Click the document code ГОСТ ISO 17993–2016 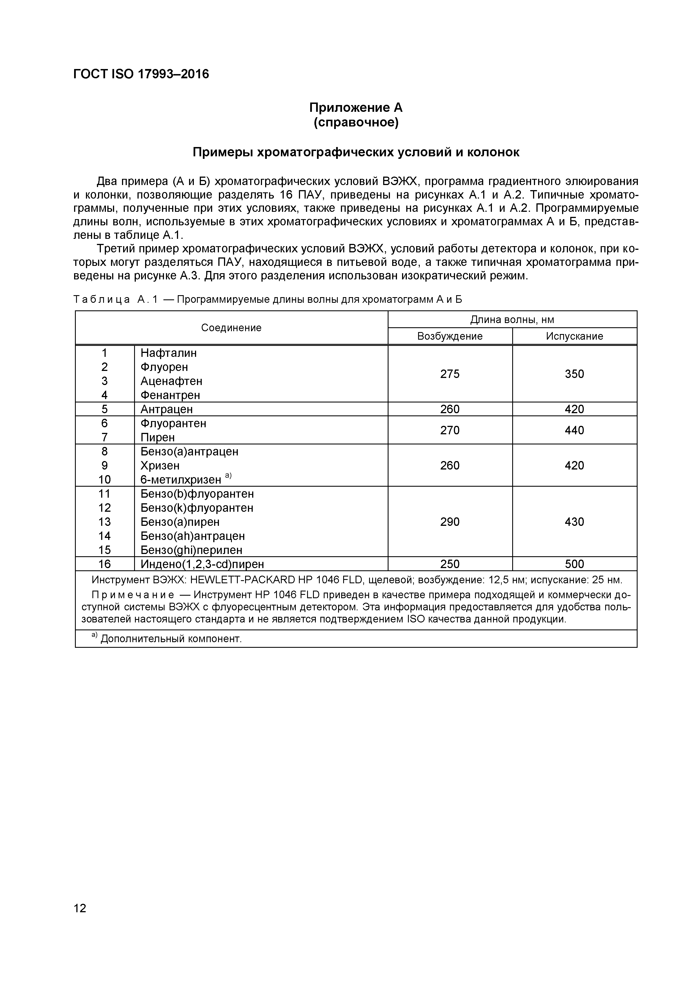[141, 74]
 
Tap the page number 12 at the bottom [80, 908]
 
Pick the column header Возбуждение [450, 336]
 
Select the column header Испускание [574, 336]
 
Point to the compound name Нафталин [168, 353]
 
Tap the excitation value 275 [450, 374]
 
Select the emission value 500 [574, 564]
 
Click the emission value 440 [574, 430]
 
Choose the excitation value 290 [450, 522]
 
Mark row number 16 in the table [105, 564]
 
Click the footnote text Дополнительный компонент [171, 638]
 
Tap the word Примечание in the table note [134, 595]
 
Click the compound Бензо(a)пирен [180, 522]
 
